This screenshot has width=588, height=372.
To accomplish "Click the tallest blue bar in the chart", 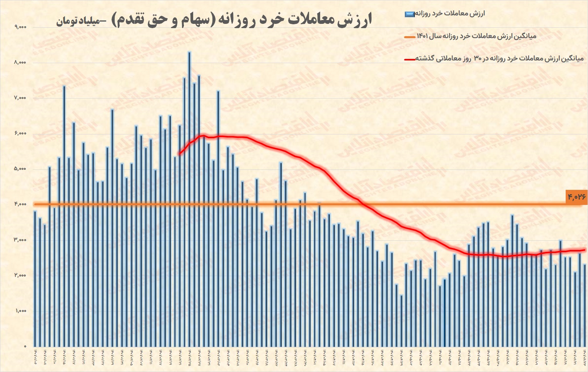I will tap(189, 200).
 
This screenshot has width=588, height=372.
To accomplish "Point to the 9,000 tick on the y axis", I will tap(20, 27).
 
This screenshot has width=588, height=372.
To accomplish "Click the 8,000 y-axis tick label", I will tap(20, 62).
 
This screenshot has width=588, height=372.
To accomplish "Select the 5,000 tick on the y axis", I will tap(20, 169).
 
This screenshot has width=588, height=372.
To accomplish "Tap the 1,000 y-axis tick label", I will tap(20, 311).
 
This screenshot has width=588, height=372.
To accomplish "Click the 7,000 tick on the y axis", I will tap(20, 98).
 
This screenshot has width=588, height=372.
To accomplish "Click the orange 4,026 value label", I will tap(576, 197).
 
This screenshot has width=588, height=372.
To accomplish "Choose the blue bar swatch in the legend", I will tap(409, 14).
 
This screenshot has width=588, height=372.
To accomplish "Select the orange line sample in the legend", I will tap(410, 37).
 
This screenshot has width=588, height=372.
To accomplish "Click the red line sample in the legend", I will tap(409, 59).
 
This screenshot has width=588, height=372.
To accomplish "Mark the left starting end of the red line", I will tap(179, 154).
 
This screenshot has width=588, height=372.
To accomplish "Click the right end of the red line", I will tap(585, 250).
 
